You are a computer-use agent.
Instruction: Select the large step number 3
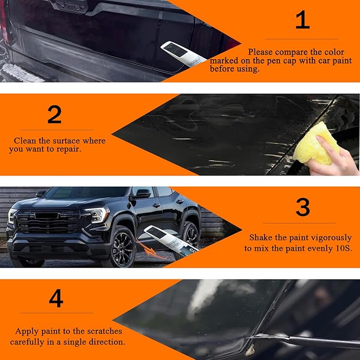point(303,207)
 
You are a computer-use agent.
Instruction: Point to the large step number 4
point(56,298)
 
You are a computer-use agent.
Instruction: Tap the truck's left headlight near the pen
point(97,215)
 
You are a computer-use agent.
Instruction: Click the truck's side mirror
point(142,194)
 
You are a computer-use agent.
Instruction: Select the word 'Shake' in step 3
point(261,238)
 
